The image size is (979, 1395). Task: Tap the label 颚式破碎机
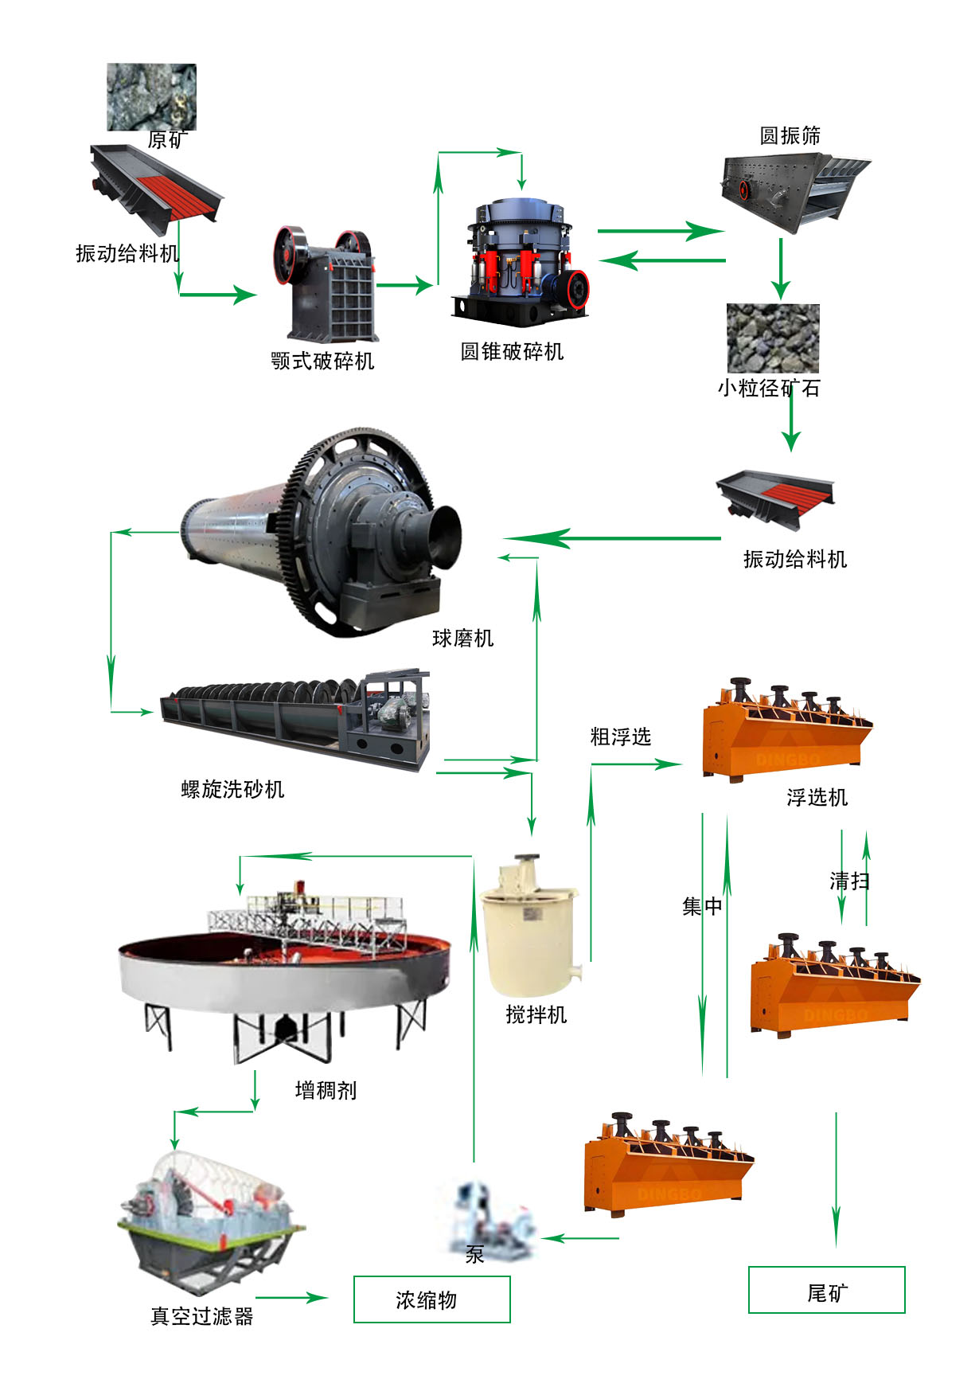click(322, 361)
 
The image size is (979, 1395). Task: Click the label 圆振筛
click(790, 136)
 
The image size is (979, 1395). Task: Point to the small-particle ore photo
click(772, 338)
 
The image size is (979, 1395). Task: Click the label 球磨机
click(462, 639)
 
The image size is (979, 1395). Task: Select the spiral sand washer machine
click(294, 717)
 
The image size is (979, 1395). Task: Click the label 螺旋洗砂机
click(232, 790)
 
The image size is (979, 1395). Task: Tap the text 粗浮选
click(620, 737)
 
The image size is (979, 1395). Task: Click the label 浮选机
click(817, 798)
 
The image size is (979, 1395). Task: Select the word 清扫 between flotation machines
click(849, 881)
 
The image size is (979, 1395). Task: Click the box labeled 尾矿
click(826, 1290)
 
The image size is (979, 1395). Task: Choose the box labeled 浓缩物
click(431, 1299)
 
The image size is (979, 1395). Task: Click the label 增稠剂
click(326, 1090)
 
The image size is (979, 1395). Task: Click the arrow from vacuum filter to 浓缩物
click(291, 1298)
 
